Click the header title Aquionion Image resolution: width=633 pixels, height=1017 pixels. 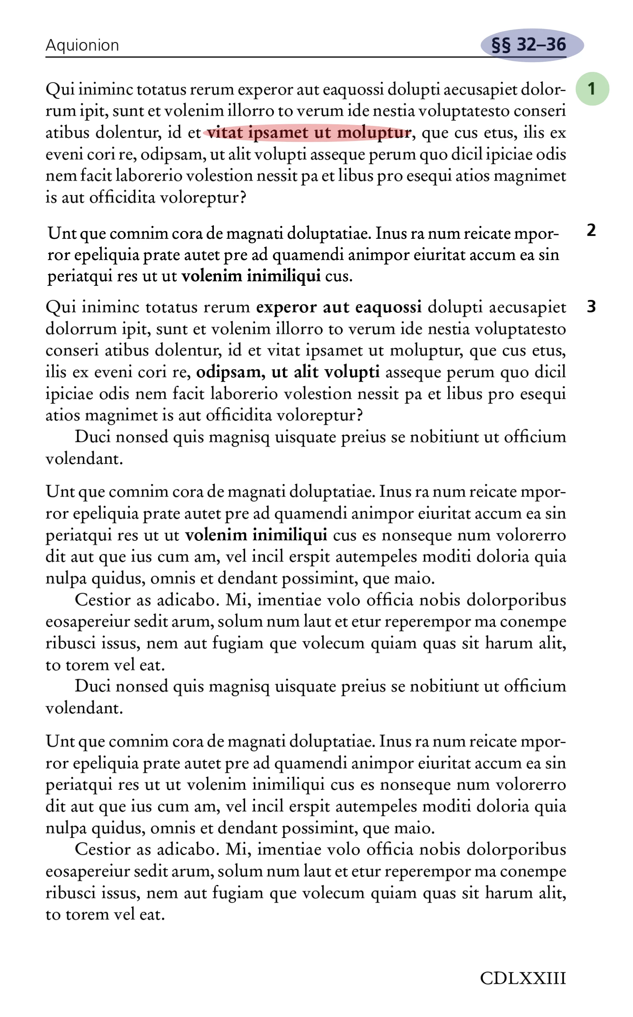pyautogui.click(x=82, y=45)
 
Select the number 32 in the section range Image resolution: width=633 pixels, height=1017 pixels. pyautogui.click(x=526, y=45)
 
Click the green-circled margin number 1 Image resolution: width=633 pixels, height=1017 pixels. pyautogui.click(x=592, y=89)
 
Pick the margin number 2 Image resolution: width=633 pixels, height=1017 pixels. pyautogui.click(x=591, y=230)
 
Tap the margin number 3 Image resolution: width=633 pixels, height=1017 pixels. pyautogui.click(x=591, y=307)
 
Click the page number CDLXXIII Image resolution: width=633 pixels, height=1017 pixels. pyautogui.click(x=523, y=979)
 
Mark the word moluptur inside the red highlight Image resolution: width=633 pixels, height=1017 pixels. pyautogui.click(x=374, y=133)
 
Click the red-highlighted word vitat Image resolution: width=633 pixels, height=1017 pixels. pyautogui.click(x=225, y=133)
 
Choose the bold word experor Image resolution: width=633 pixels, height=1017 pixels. pyautogui.click(x=286, y=308)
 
